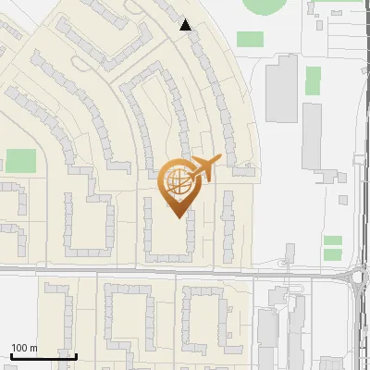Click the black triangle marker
click(186, 25)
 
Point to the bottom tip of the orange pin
click(177, 216)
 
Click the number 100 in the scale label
click(19, 348)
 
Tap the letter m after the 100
click(33, 348)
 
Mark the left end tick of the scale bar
click(11, 355)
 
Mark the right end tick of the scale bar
click(76, 355)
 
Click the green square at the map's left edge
click(20, 161)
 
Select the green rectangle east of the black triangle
click(250, 40)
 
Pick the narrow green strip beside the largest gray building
click(314, 80)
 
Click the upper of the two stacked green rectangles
click(332, 240)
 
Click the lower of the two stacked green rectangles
click(332, 253)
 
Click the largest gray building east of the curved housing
click(282, 88)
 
